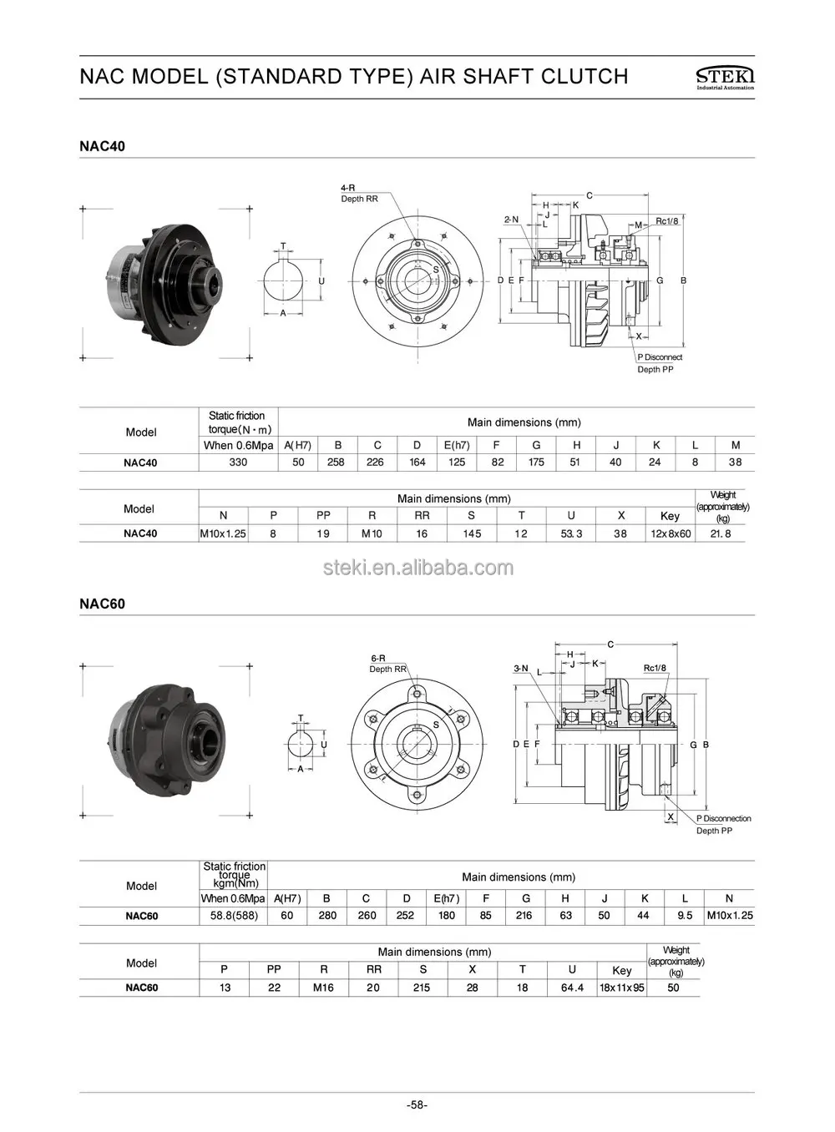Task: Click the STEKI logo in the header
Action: (x=724, y=77)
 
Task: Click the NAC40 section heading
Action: (x=103, y=146)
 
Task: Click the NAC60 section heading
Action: (x=103, y=604)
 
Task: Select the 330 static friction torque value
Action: (x=238, y=462)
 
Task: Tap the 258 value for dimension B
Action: (x=336, y=462)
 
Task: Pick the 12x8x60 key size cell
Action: (x=671, y=533)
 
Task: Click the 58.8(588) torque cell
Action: (x=233, y=915)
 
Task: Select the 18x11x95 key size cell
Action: (x=621, y=988)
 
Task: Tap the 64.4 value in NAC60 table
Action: (x=572, y=988)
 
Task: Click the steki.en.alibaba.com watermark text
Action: (x=417, y=569)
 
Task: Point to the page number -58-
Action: (x=417, y=1105)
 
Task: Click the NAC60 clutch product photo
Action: (x=167, y=738)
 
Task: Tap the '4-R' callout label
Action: (x=348, y=188)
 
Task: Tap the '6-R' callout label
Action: (x=377, y=658)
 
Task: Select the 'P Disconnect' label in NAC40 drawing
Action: (x=660, y=357)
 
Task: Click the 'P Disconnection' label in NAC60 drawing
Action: (x=723, y=818)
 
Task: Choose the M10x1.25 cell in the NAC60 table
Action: (x=729, y=915)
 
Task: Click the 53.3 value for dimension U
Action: (x=572, y=533)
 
